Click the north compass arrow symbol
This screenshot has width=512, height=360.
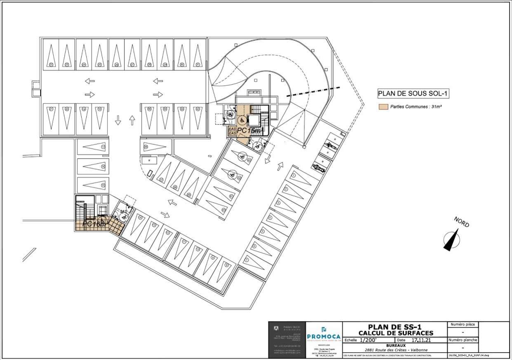click(451, 240)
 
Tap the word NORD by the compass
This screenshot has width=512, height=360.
click(462, 222)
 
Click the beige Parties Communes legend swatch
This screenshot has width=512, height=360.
click(383, 107)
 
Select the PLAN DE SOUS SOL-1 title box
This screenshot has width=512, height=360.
click(413, 94)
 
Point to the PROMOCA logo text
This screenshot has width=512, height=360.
click(324, 337)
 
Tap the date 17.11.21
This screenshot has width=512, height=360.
click(421, 340)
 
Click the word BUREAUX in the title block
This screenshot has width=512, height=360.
click(395, 345)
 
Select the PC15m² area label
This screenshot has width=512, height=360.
click(250, 131)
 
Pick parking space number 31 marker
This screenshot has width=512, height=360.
click(197, 65)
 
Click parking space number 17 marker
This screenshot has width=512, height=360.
click(103, 147)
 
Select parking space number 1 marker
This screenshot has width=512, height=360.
click(294, 175)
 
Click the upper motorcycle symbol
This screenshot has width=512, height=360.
click(330, 145)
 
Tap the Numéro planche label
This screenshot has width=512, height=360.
click(463, 340)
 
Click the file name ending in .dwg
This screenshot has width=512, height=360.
click(469, 355)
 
